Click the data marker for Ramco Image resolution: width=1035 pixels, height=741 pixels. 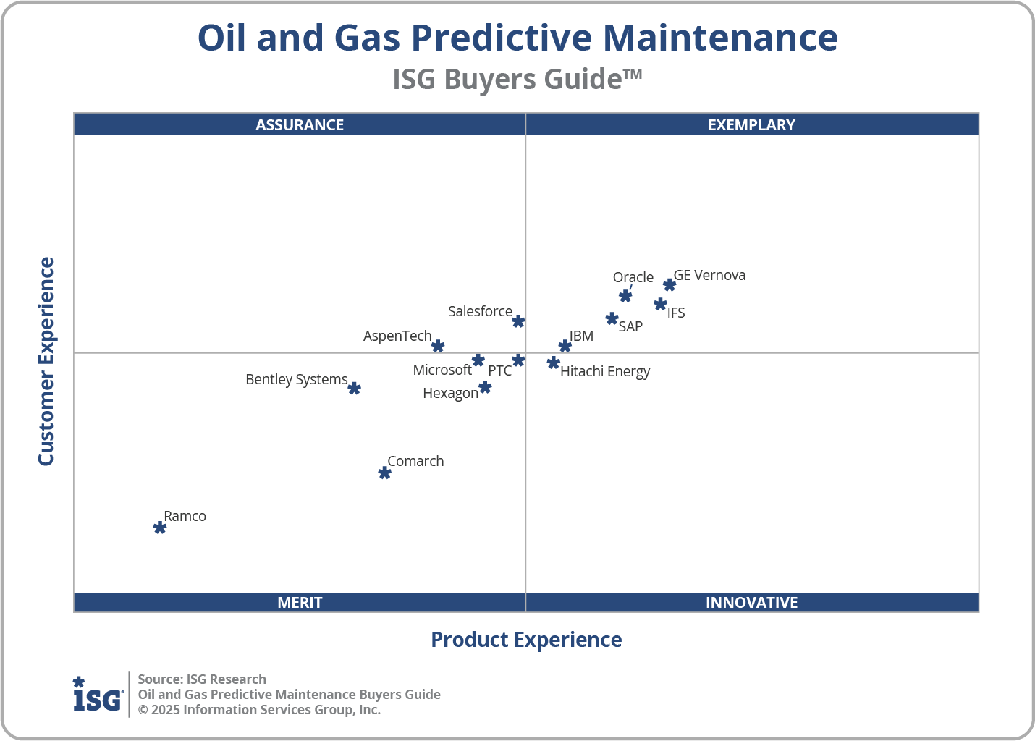coord(160,528)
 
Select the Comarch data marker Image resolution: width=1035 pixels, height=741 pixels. coord(385,473)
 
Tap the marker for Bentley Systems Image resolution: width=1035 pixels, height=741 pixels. coord(354,389)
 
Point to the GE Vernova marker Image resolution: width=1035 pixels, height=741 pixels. coord(669,285)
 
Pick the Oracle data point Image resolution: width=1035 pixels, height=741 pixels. coord(625,296)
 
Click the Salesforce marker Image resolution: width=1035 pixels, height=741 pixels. coord(518,321)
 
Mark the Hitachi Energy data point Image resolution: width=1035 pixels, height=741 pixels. coord(554,363)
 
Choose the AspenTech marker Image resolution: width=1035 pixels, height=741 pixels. coord(438,347)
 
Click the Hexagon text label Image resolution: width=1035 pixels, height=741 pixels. coord(450,393)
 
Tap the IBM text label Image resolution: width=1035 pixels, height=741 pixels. coord(581,336)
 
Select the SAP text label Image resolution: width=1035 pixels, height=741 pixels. coord(630,326)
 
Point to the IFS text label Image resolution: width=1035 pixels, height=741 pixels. coord(676,313)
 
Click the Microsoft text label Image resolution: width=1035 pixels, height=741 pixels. coord(442,370)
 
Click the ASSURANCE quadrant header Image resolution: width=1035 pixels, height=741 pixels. coord(300,124)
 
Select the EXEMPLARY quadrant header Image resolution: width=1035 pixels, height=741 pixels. coord(751,124)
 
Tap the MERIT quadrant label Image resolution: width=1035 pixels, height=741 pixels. coord(300,602)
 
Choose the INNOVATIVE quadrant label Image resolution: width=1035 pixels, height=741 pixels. coord(751,602)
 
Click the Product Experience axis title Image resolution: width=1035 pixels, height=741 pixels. coord(526,640)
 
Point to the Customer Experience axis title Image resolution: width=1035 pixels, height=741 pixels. coord(46,362)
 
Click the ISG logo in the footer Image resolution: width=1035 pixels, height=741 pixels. coord(98,695)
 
